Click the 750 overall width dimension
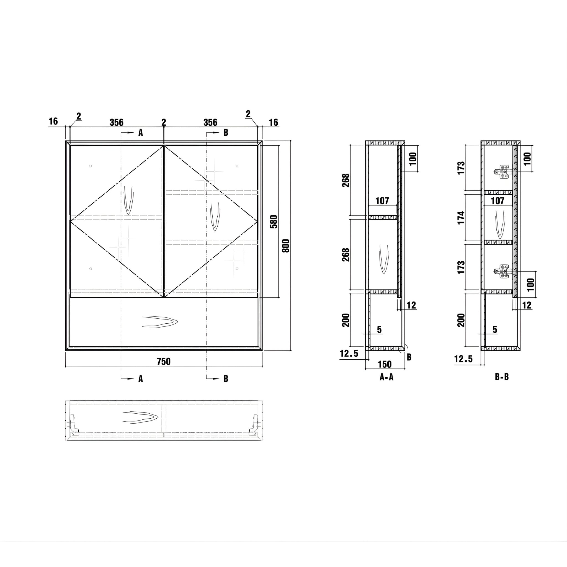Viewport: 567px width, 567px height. pyautogui.click(x=163, y=362)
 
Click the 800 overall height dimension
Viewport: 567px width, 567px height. pyautogui.click(x=285, y=246)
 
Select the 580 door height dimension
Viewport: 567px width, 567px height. pyautogui.click(x=273, y=222)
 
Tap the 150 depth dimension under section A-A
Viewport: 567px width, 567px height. pyautogui.click(x=385, y=364)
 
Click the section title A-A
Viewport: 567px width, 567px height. pyautogui.click(x=386, y=377)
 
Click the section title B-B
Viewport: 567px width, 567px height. pyautogui.click(x=502, y=377)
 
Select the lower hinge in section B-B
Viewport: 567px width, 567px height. pyautogui.click(x=503, y=272)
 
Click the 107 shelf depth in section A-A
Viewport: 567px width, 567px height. pyautogui.click(x=382, y=201)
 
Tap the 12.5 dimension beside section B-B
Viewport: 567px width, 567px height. pyautogui.click(x=463, y=359)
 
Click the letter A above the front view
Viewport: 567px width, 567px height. pyautogui.click(x=141, y=133)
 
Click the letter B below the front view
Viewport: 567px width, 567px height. pyautogui.click(x=226, y=378)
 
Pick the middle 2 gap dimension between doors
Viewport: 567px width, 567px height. pyautogui.click(x=164, y=122)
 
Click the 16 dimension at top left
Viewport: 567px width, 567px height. pyautogui.click(x=53, y=121)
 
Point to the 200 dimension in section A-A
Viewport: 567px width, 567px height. pyautogui.click(x=346, y=320)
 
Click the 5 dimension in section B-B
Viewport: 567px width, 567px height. pyautogui.click(x=495, y=329)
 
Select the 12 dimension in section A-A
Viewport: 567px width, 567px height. pyautogui.click(x=411, y=305)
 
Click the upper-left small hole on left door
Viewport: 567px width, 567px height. pyautogui.click(x=91, y=166)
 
